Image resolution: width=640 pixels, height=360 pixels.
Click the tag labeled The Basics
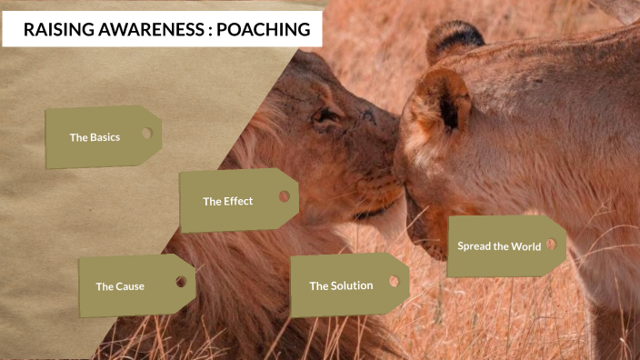[102, 137]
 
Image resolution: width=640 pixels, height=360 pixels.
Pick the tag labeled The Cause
[135, 285]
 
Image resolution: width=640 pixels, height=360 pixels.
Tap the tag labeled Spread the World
[505, 246]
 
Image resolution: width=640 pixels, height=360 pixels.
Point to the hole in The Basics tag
[146, 133]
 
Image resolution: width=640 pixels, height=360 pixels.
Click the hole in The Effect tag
[284, 195]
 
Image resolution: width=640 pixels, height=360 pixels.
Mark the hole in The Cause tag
[181, 282]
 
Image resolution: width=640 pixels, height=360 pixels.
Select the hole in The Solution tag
[394, 281]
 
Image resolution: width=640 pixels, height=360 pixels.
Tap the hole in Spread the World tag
[550, 245]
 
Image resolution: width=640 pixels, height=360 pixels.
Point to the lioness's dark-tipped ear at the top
[455, 39]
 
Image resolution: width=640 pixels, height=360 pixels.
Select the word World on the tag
[525, 246]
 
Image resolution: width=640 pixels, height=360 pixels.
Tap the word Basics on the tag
[105, 137]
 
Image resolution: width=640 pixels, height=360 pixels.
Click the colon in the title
[210, 30]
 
